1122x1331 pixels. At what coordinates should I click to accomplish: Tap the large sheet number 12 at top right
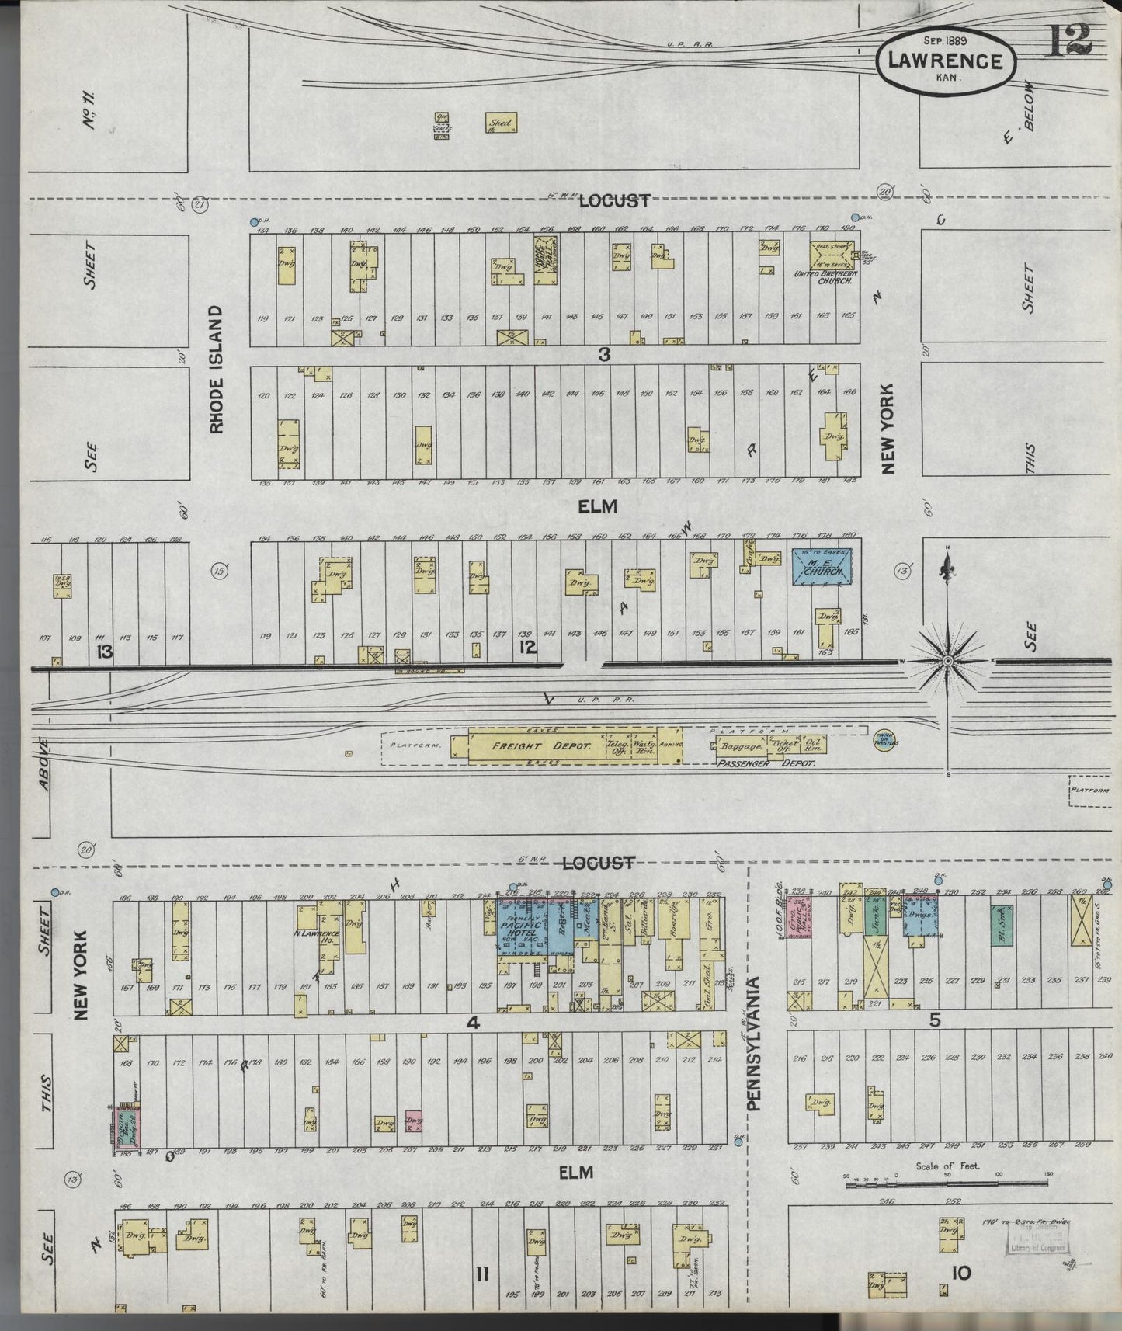[x=1071, y=40]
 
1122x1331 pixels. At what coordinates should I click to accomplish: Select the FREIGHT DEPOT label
[x=541, y=745]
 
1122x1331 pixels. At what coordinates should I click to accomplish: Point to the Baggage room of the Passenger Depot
[x=742, y=746]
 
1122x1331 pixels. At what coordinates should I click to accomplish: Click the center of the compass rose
[x=947, y=661]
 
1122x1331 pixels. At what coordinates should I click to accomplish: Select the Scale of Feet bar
[x=947, y=1184]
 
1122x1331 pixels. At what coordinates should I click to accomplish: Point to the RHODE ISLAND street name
[x=217, y=369]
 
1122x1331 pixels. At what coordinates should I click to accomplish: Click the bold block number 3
[x=603, y=354]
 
